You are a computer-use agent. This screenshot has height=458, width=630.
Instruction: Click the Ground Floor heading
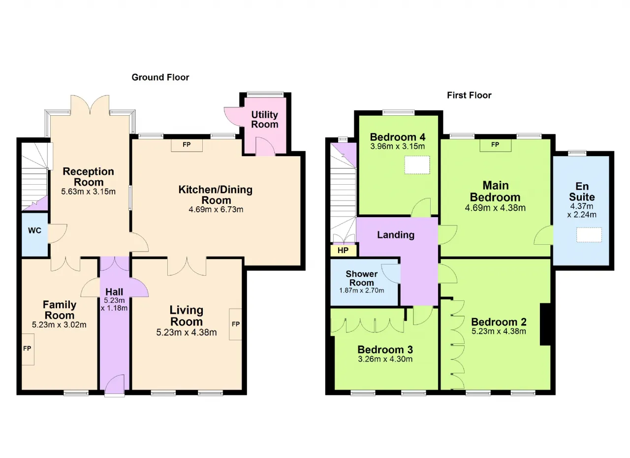(x=160, y=77)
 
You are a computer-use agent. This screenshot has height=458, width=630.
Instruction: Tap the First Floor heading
(x=469, y=96)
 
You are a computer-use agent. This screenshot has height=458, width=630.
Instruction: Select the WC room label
(x=34, y=230)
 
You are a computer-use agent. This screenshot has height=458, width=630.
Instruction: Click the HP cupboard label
(x=343, y=250)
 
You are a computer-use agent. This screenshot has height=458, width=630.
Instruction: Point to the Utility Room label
(x=265, y=119)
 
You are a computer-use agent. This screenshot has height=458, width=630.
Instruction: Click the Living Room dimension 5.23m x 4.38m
(x=187, y=332)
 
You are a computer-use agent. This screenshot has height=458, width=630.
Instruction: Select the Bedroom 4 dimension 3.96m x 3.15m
(x=397, y=146)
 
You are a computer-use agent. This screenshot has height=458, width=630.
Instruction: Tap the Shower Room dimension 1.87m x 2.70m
(x=362, y=291)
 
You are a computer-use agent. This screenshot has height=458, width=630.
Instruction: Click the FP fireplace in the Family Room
(x=28, y=349)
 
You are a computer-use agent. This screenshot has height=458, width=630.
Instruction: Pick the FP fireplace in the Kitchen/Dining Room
(x=187, y=145)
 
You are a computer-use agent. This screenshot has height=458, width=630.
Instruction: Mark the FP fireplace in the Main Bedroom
(x=495, y=145)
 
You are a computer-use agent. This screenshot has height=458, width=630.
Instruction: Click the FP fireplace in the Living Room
(x=235, y=325)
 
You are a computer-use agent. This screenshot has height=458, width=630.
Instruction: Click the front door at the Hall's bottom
(x=115, y=386)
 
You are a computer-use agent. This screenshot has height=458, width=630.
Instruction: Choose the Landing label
(x=396, y=235)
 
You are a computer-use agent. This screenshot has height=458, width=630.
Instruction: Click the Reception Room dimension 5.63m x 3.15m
(x=88, y=192)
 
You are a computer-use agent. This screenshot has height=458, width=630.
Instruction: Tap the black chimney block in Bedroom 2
(x=545, y=324)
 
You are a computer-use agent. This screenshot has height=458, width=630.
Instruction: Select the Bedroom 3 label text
(x=385, y=349)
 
